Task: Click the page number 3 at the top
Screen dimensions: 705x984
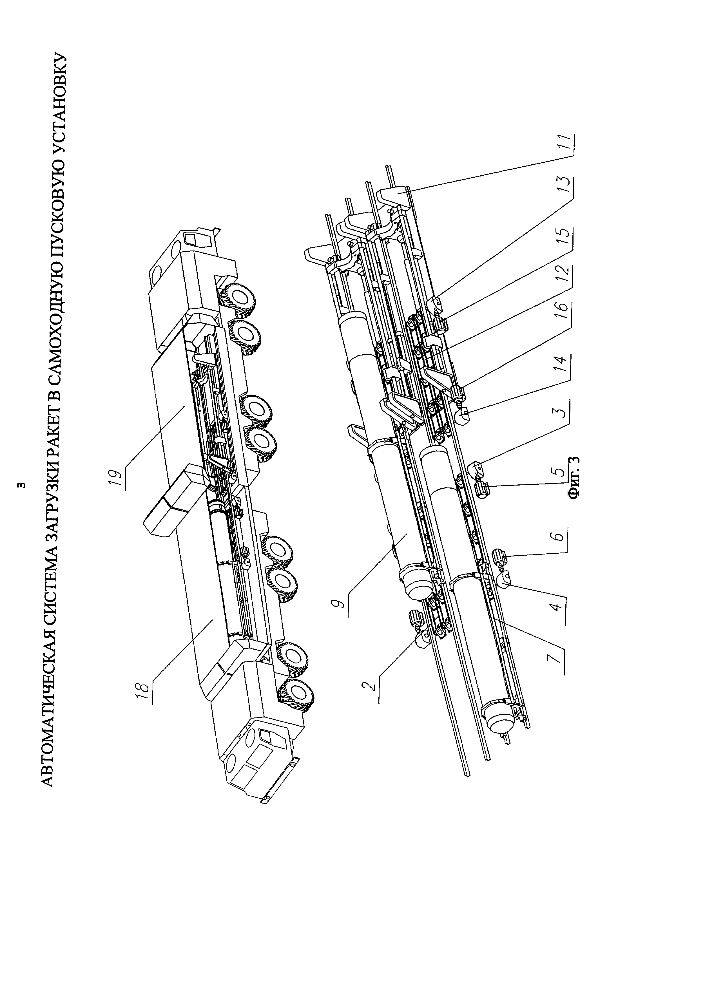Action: pyautogui.click(x=23, y=484)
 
